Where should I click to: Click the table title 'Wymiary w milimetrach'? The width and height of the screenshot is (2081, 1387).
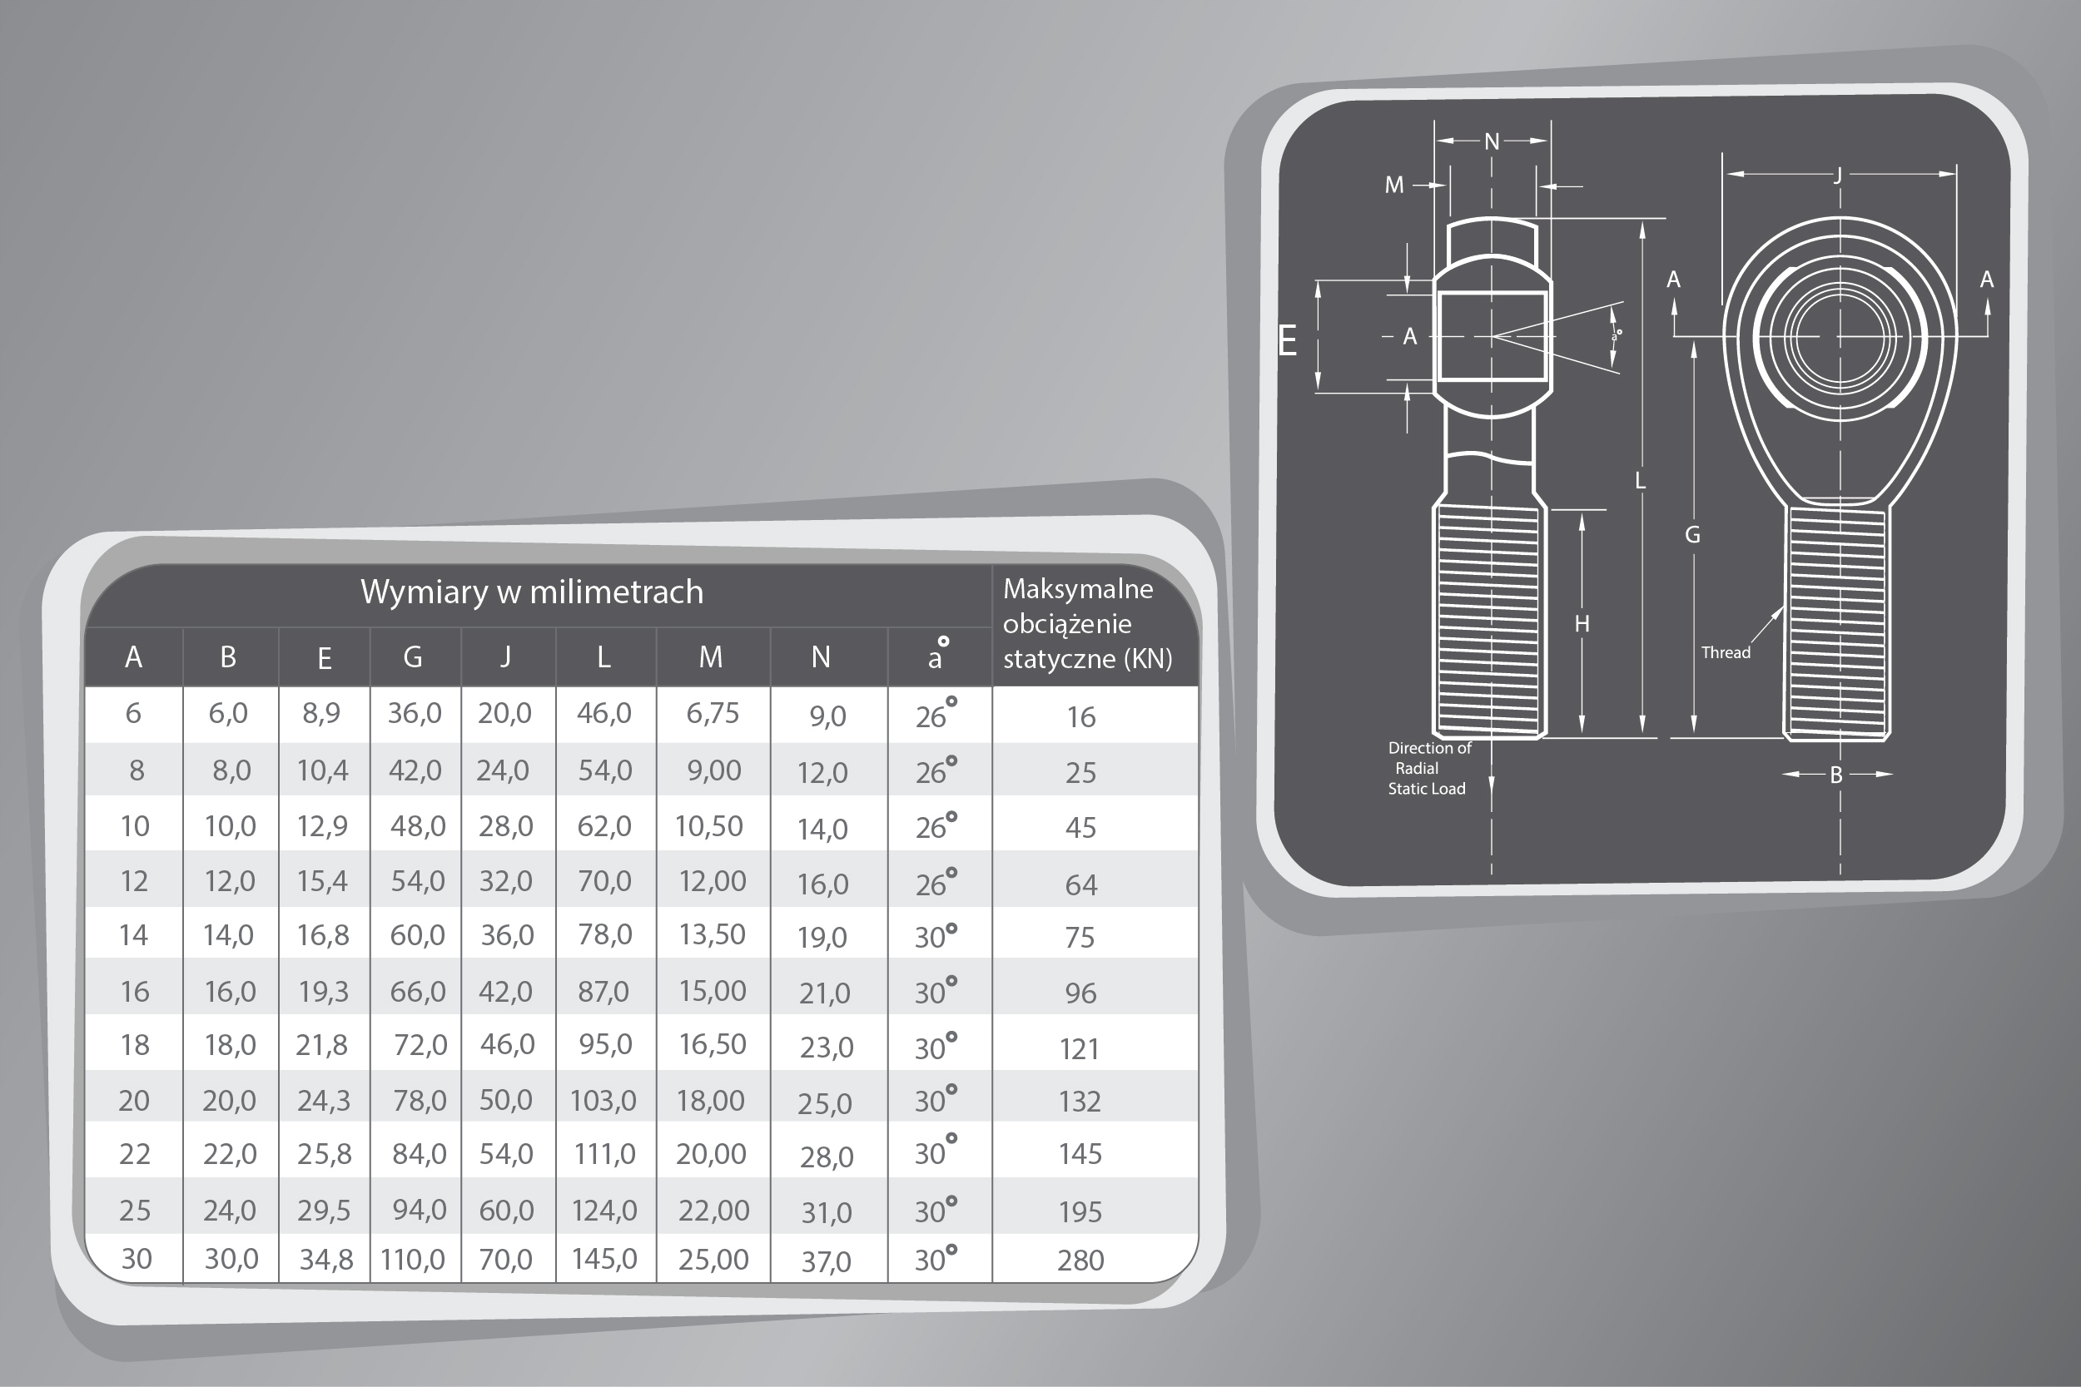532,592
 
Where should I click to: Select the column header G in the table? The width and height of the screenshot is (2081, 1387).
412,656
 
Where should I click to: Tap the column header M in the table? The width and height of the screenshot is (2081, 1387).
712,656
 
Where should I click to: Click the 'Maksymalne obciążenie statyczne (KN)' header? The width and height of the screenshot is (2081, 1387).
1087,624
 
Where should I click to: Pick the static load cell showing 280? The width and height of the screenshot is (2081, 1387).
1080,1260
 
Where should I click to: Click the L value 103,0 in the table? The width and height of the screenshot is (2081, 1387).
603,1099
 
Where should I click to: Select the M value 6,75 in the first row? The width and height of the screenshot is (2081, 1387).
713,713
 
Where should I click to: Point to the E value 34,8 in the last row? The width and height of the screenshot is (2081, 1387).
325,1259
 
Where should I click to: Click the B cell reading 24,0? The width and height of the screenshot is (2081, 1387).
229,1209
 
